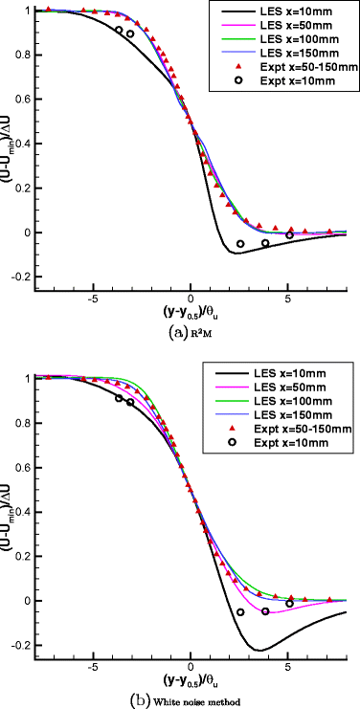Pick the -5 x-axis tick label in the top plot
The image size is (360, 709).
click(92, 298)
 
